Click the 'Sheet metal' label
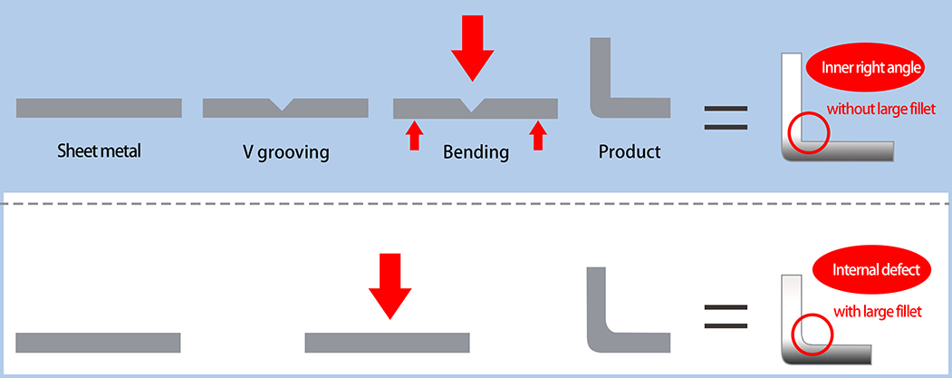99,150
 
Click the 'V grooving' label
285,151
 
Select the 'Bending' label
476,151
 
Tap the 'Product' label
630,151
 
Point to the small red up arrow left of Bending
414,135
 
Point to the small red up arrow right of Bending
538,135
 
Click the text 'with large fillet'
877,312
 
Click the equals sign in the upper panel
726,119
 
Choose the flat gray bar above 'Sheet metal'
99,108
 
